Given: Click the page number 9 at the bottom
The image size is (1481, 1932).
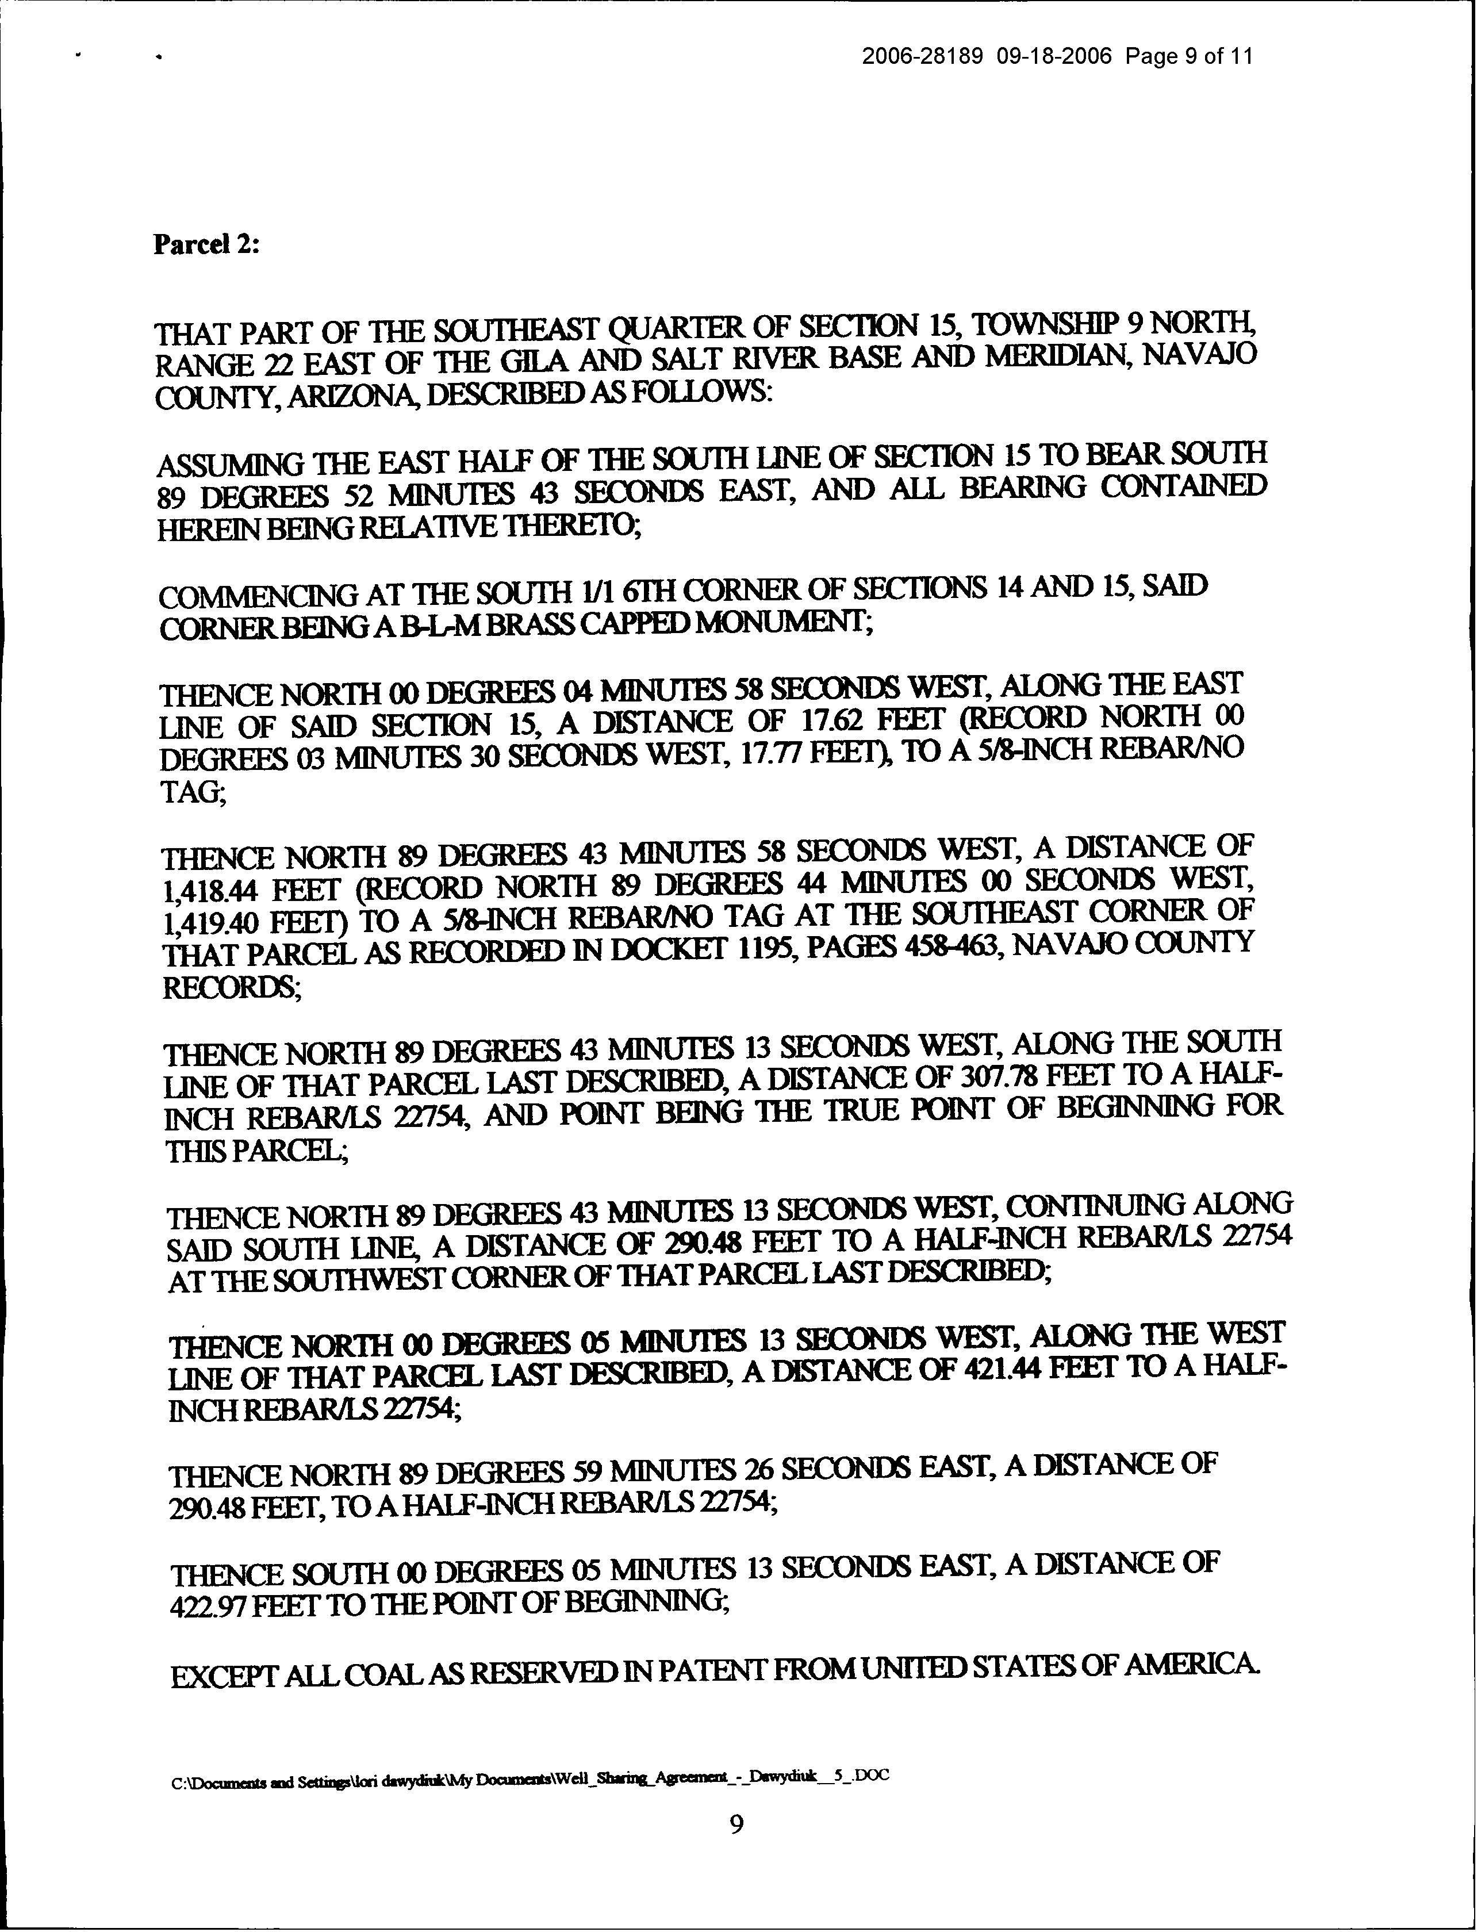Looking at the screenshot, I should pos(737,1823).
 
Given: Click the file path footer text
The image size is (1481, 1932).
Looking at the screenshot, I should pos(529,1777).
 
